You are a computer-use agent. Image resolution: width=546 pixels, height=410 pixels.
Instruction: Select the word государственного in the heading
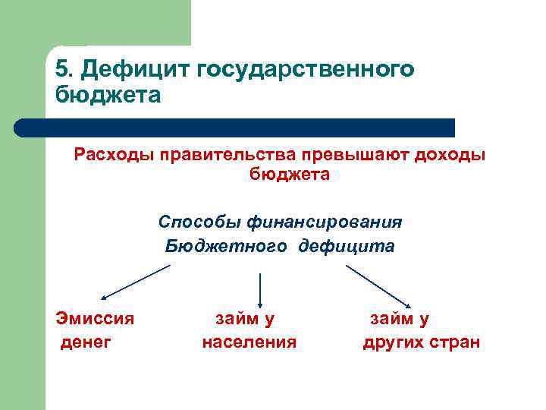306,70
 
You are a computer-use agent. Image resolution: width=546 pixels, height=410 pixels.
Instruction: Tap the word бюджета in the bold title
108,96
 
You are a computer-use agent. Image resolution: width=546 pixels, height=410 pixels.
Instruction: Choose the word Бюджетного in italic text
225,246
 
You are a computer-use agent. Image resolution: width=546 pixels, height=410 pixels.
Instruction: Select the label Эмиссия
96,318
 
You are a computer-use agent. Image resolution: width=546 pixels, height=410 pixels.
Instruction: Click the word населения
249,342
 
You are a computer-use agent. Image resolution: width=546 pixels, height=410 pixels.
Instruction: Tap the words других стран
422,342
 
